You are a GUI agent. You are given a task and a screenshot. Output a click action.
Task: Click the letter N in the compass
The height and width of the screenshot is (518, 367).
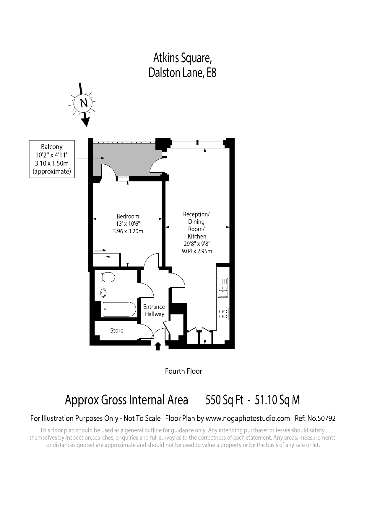pyautogui.click(x=84, y=103)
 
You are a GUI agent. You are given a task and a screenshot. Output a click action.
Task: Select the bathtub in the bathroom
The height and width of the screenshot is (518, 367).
pyautogui.click(x=119, y=309)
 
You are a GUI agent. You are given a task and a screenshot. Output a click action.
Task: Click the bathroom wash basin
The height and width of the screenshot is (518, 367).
pyautogui.click(x=103, y=293)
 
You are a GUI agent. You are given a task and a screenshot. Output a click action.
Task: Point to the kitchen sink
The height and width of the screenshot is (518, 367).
pyautogui.click(x=223, y=288)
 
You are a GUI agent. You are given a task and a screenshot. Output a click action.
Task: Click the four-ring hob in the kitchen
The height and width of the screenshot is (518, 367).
pyautogui.click(x=223, y=314)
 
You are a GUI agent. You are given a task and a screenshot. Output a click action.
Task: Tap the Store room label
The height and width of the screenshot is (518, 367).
pyautogui.click(x=116, y=331)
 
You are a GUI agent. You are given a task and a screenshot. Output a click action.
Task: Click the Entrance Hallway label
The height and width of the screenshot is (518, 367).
pyautogui.click(x=154, y=311)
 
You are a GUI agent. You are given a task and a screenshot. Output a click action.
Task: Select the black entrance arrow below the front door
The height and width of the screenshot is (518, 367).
pyautogui.click(x=158, y=346)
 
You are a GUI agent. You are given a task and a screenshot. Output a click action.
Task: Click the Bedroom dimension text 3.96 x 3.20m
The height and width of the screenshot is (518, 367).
pyautogui.click(x=128, y=232)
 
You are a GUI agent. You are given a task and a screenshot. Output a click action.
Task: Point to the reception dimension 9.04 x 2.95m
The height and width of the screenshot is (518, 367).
pyautogui.click(x=197, y=251)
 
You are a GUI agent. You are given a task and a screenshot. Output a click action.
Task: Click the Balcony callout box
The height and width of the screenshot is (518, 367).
pyautogui.click(x=52, y=159)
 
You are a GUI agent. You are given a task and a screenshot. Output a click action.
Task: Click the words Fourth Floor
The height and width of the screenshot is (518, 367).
pyautogui.click(x=183, y=371)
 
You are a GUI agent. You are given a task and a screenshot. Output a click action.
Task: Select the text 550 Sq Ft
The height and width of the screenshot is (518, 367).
pyautogui.click(x=224, y=400)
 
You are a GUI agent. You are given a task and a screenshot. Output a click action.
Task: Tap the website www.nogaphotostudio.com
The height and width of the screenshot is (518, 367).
pyautogui.click(x=248, y=418)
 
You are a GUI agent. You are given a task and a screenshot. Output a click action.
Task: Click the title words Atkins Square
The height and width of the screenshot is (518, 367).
pyautogui.click(x=182, y=58)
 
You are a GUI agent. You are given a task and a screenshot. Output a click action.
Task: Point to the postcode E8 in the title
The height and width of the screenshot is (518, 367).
pyautogui.click(x=211, y=73)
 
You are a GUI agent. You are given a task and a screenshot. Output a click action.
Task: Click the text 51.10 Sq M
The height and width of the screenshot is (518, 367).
pyautogui.click(x=277, y=400)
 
